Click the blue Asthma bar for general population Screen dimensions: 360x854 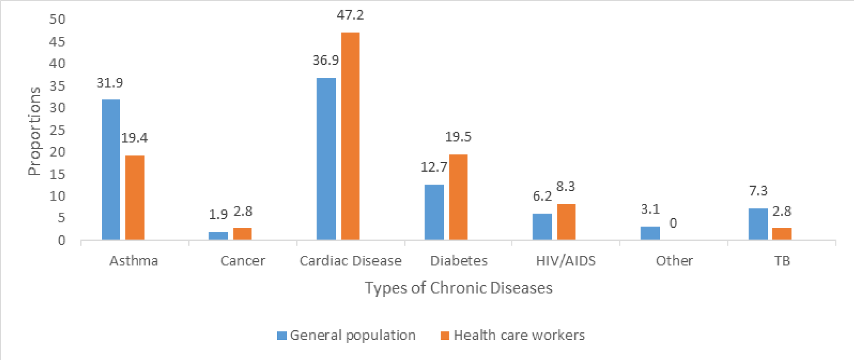click(111, 170)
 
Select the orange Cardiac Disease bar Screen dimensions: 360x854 click(350, 136)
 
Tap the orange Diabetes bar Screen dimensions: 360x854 click(458, 197)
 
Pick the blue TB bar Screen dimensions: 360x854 click(758, 224)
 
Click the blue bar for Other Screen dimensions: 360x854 click(650, 233)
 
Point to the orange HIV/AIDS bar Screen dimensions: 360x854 click(566, 222)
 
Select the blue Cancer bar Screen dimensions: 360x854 click(218, 236)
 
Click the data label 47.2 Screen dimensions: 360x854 click(350, 15)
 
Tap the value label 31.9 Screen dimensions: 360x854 click(110, 83)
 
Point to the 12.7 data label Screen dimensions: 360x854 click(434, 167)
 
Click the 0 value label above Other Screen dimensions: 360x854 click(673, 223)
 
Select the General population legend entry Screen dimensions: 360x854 click(347, 335)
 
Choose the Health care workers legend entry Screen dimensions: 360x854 click(513, 335)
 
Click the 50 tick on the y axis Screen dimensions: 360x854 click(57, 19)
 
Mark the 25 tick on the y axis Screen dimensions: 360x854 click(57, 130)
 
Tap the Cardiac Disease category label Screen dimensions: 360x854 click(350, 261)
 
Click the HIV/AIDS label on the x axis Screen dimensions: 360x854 click(566, 261)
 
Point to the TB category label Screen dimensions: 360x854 click(782, 261)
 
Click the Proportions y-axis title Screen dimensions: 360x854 click(34, 131)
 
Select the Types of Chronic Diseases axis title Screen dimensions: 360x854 click(458, 288)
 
